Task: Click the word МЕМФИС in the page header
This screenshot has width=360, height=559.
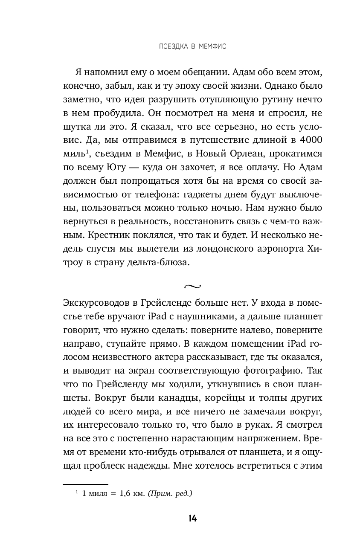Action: (x=211, y=46)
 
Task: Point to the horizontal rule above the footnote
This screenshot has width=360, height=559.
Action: (x=85, y=484)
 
